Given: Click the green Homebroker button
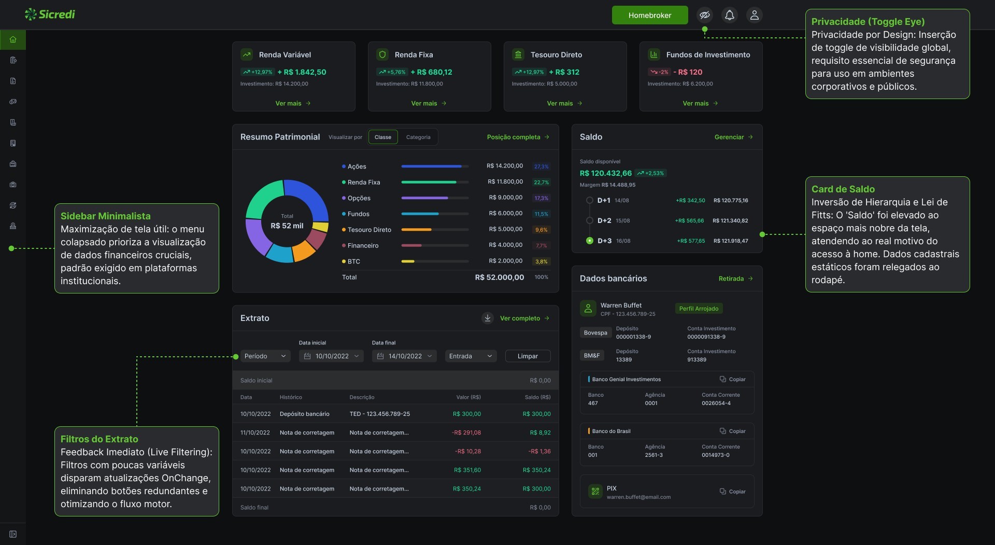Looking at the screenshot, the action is [x=650, y=15].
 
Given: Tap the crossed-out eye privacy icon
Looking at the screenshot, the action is [x=704, y=15].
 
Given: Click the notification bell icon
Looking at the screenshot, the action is [x=729, y=15].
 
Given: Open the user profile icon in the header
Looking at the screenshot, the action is [x=754, y=15].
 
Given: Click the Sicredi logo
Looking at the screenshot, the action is [x=50, y=15].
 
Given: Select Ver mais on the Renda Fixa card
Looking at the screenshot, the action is [x=429, y=103].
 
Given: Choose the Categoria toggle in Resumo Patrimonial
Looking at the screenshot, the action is [x=418, y=137].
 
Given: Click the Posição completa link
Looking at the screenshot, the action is [x=518, y=137].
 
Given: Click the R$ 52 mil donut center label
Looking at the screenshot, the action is [x=287, y=226].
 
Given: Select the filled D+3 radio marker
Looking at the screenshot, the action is [x=589, y=241].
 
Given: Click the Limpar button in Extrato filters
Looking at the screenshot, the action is [x=528, y=356].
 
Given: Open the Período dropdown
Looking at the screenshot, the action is [x=265, y=356].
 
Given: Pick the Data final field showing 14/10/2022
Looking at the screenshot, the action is [x=404, y=356].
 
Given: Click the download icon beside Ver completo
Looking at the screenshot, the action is [x=488, y=318].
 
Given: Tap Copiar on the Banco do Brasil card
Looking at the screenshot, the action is [x=732, y=431].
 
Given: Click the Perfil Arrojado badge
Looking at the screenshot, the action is [x=699, y=309].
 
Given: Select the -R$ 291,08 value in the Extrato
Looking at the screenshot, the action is [x=466, y=432].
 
